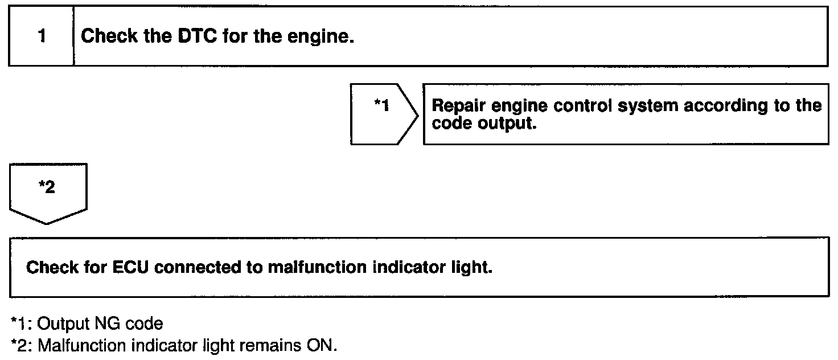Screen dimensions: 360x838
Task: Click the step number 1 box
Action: click(x=41, y=37)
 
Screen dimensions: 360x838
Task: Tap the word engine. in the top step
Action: click(x=324, y=37)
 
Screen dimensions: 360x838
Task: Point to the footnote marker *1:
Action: click(x=22, y=324)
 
